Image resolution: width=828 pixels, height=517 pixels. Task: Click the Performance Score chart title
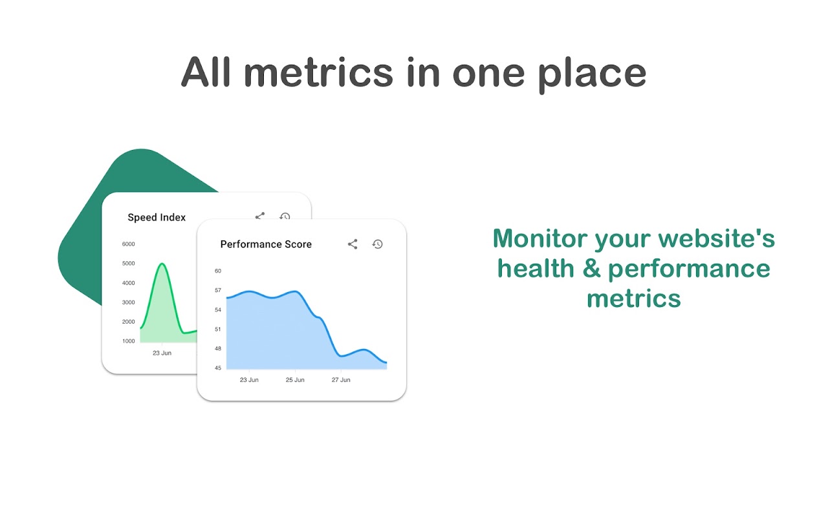point(266,244)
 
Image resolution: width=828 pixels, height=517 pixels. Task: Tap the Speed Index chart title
point(157,218)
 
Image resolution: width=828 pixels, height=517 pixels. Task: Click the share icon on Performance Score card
point(353,244)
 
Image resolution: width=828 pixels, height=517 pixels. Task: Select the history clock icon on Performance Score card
point(377,244)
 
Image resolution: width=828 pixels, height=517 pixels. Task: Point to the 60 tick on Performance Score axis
point(218,271)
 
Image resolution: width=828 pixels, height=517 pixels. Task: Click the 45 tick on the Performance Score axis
point(218,368)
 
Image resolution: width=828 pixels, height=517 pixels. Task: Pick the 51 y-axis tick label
point(218,330)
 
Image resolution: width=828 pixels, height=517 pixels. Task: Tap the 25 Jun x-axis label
point(295,380)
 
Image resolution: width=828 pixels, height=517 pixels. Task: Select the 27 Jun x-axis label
point(341,380)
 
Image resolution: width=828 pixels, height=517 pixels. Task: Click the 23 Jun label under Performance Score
point(249,380)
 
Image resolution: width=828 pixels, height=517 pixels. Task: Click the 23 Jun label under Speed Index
point(162,353)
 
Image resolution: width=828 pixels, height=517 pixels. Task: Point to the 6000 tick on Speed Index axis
point(128,244)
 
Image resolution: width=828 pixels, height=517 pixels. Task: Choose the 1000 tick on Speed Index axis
point(128,341)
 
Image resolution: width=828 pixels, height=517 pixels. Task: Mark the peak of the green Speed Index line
point(162,264)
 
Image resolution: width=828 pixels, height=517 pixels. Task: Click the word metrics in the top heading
point(318,72)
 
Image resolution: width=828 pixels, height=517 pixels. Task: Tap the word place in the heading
point(592,76)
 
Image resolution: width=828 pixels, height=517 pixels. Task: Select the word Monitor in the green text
point(540,238)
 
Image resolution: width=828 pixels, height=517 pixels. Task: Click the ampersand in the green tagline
point(592,268)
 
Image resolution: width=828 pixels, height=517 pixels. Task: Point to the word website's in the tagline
point(716,238)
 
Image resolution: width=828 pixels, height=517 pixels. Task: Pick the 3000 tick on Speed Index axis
point(128,302)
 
